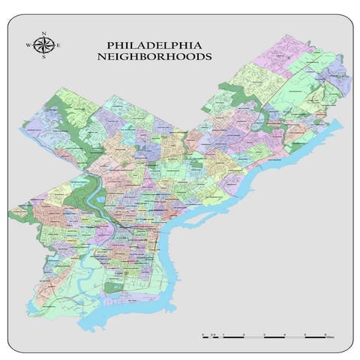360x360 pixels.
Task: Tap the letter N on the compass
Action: [x=45, y=34]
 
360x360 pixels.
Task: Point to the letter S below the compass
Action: [x=45, y=58]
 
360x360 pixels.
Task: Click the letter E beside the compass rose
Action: [x=58, y=46]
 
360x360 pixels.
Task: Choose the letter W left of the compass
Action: [x=30, y=46]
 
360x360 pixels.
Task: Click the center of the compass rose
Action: [x=45, y=46]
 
